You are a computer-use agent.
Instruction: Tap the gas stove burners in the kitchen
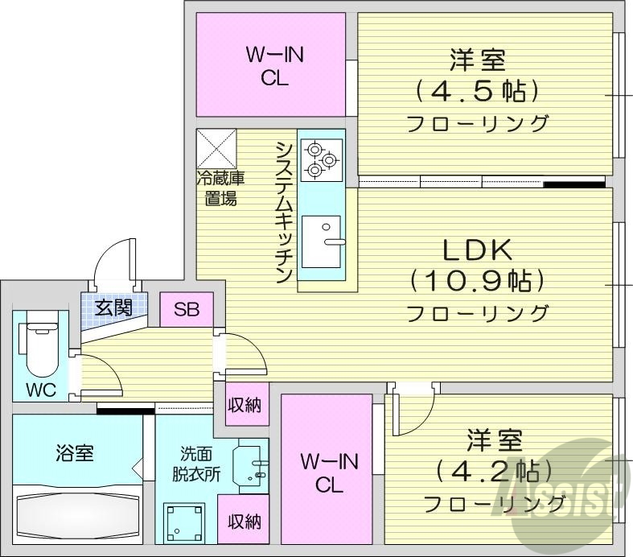[x=321, y=159]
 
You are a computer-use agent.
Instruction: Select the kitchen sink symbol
[x=322, y=241]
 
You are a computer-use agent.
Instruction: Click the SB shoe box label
[x=187, y=309]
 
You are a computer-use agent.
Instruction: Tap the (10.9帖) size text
[x=477, y=281]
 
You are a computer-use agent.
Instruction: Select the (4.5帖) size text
[x=477, y=90]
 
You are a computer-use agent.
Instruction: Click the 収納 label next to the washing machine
[x=243, y=521]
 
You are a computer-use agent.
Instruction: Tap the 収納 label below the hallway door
[x=243, y=405]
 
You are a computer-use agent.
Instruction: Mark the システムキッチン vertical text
[x=283, y=212]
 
